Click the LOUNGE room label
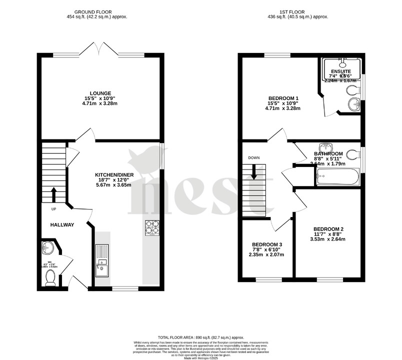100,93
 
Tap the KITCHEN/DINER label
113,175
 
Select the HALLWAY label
62,225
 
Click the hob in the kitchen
151,227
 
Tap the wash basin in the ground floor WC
47,247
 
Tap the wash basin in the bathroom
326,146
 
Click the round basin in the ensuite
354,104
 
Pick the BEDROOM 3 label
267,244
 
